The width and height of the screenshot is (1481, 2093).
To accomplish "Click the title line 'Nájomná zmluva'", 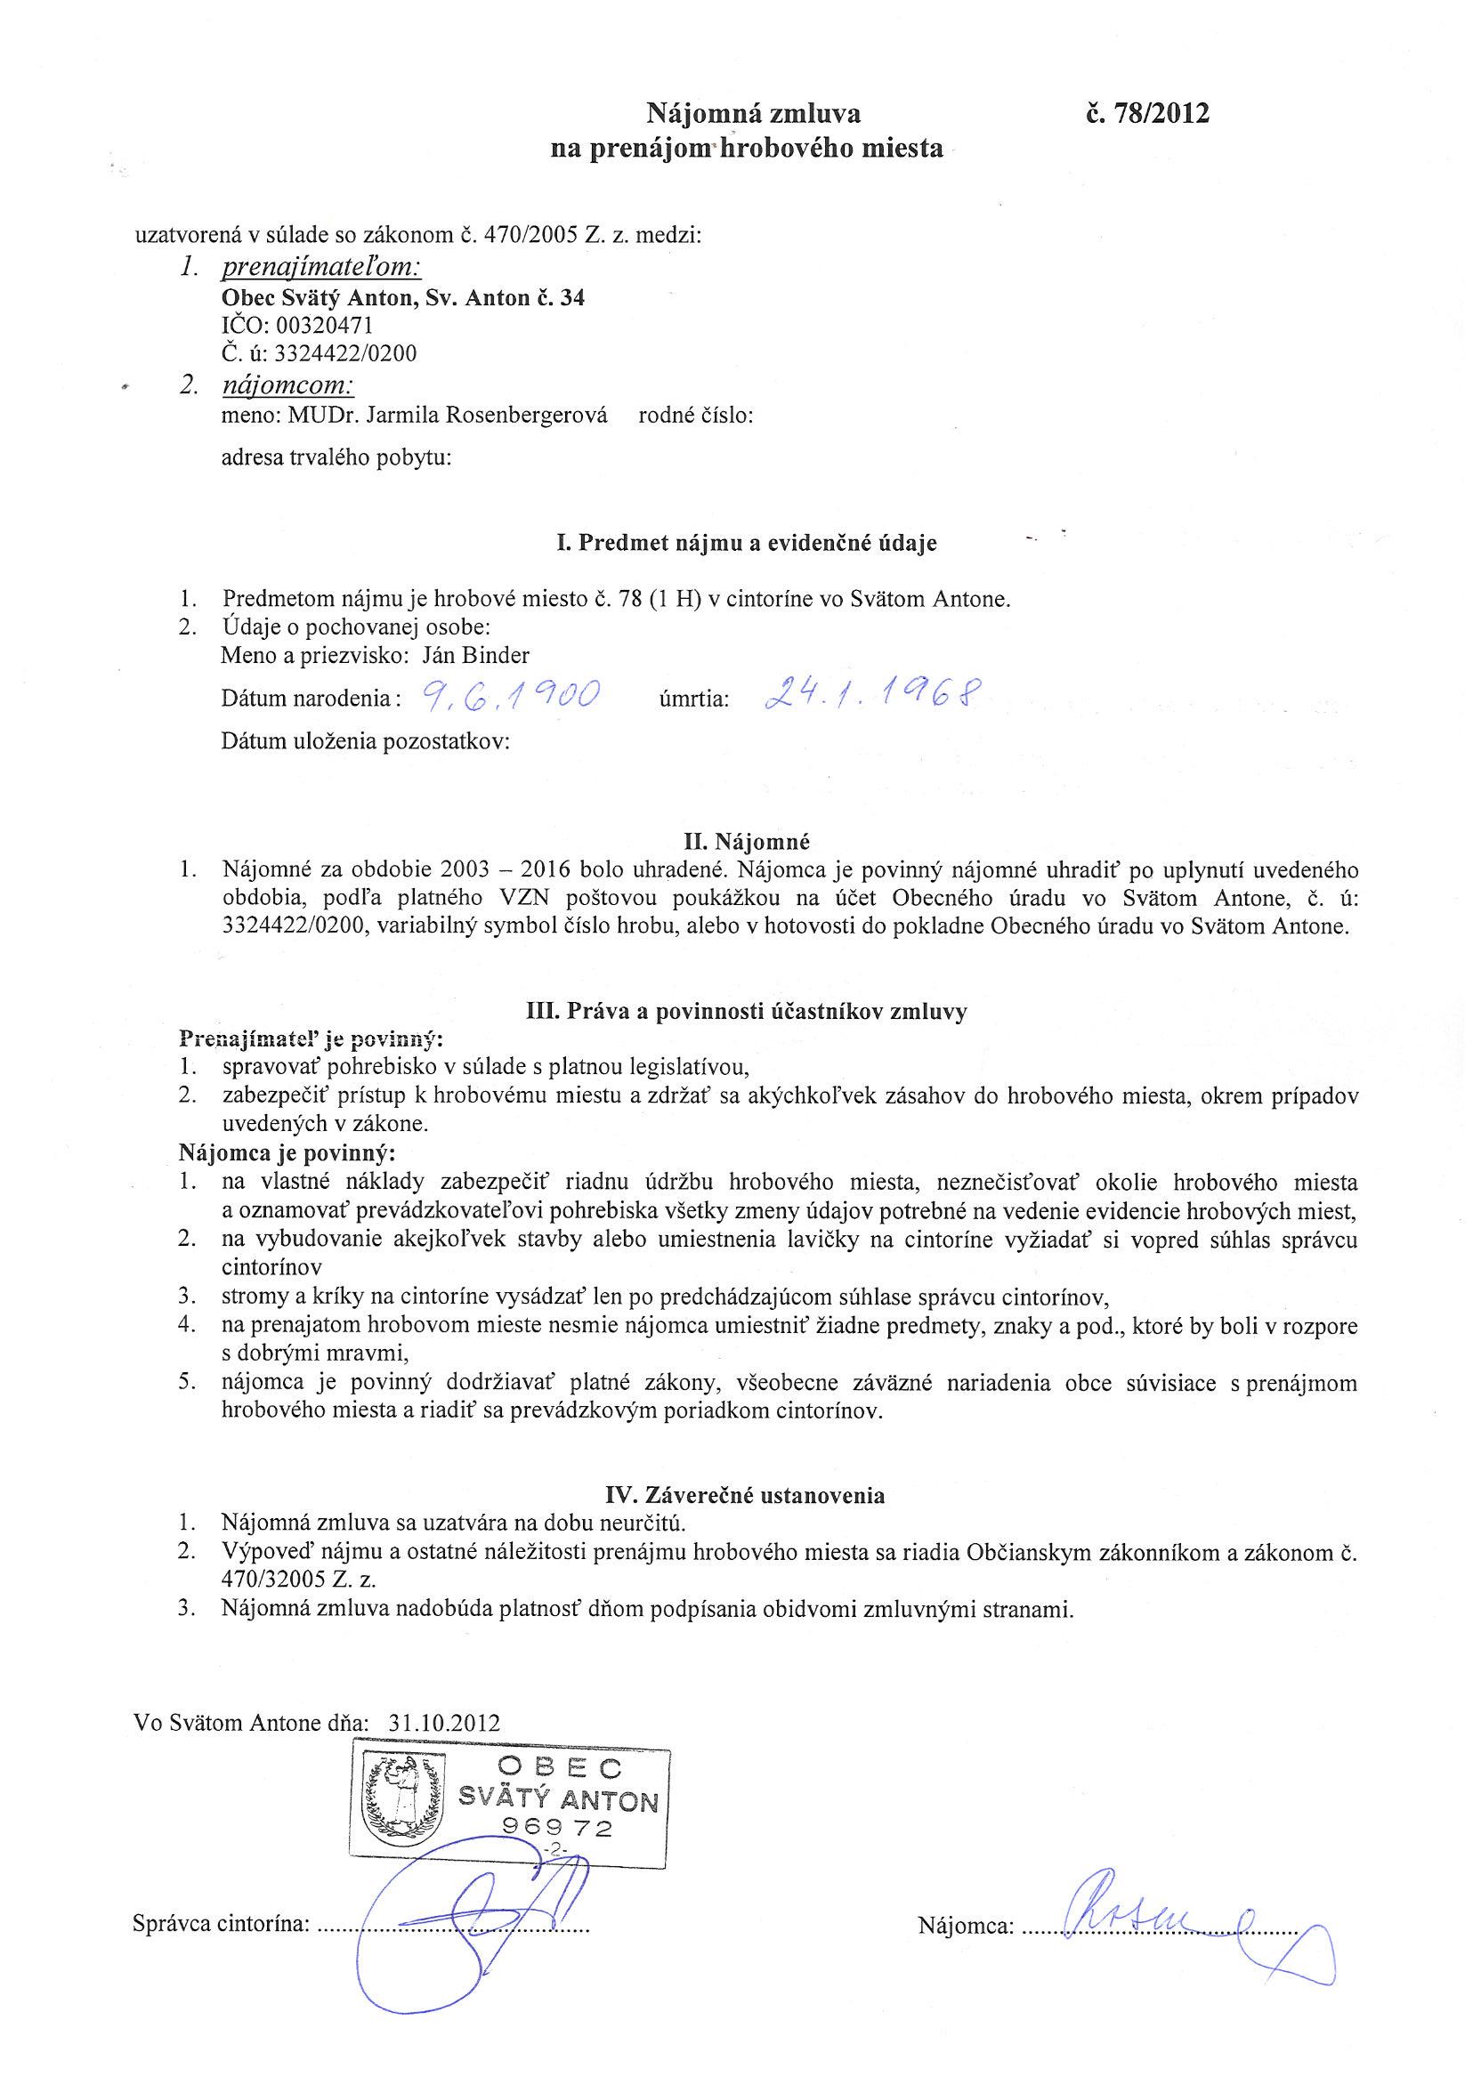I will pos(753,113).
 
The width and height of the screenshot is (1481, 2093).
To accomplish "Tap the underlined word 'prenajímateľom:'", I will pos(321,268).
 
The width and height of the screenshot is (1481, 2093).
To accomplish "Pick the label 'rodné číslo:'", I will pos(696,416).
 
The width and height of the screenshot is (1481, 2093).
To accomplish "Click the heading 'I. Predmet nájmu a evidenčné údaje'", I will pos(746,544).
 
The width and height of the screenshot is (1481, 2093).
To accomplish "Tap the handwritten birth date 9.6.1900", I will pos(508,698).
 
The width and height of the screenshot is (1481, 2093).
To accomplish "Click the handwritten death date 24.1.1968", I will pos(867,698).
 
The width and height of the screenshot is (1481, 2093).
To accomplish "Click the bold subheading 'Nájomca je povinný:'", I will pos(287,1153).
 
